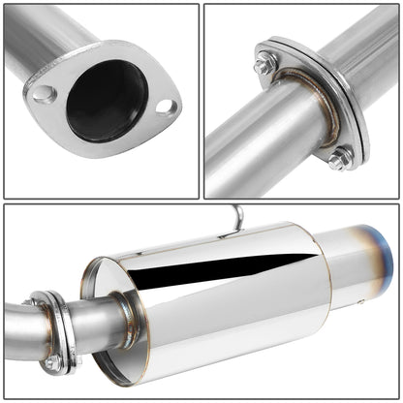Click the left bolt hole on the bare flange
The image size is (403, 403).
point(45,94)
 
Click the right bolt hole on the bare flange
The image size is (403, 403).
point(167,107)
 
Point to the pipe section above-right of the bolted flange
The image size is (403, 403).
point(358,48)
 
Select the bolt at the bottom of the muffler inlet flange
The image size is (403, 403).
point(52,362)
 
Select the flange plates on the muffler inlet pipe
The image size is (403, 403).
point(53,329)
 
